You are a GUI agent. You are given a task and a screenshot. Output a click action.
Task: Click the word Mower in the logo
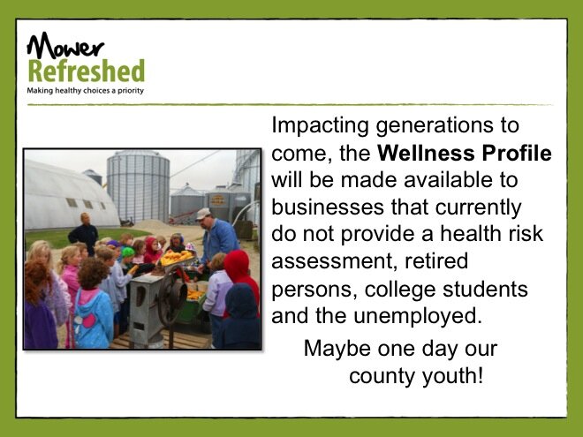coord(65,46)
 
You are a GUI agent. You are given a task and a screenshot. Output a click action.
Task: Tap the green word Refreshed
coord(87,71)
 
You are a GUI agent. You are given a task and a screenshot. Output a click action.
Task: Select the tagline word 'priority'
coord(131,91)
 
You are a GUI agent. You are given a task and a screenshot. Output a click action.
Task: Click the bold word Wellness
coord(426,153)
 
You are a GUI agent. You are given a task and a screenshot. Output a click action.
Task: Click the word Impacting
coord(320,125)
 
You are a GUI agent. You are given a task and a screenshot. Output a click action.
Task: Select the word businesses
coord(328,207)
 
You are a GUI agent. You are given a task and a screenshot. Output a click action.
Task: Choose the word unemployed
coord(418,316)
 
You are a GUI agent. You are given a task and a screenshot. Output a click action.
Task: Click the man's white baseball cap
coord(202,214)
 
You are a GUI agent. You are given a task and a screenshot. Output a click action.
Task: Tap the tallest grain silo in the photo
coord(139,185)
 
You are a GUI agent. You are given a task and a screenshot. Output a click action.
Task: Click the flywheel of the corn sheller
coord(171,295)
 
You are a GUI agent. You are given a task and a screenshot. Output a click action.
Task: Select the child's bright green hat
coord(127,252)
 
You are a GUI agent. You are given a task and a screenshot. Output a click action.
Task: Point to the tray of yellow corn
coord(178,257)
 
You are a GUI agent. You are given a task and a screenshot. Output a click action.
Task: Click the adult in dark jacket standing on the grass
coord(84,233)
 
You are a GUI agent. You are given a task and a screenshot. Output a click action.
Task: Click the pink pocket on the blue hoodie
coord(89,320)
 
